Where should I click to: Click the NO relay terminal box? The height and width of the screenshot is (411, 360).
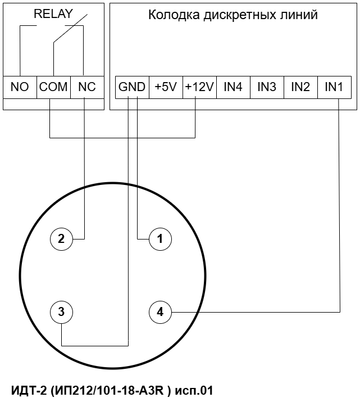tap(20, 87)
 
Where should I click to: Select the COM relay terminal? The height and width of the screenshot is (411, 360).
tap(53, 87)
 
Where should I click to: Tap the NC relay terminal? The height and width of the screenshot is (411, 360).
tap(87, 87)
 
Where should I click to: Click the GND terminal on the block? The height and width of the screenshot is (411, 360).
tap(132, 87)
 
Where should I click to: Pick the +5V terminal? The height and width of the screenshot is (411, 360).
tap(166, 87)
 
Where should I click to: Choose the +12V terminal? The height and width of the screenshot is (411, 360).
tap(199, 87)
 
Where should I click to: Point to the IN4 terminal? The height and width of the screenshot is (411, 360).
tap(233, 87)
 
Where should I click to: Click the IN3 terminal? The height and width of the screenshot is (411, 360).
tap(267, 87)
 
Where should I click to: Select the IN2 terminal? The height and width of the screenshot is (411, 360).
tap(300, 87)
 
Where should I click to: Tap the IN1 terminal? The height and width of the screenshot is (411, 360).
tap(334, 87)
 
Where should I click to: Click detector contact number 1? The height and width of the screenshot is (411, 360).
tap(160, 239)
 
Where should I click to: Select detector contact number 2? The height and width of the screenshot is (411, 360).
tap(61, 239)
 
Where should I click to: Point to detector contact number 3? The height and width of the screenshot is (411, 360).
tap(61, 311)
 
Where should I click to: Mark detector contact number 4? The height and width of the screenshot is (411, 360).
tap(160, 311)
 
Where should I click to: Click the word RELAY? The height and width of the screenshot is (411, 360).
tap(53, 15)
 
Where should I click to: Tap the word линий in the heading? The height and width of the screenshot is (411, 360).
tap(299, 15)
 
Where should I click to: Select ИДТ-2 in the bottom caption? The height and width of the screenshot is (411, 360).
tap(28, 390)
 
